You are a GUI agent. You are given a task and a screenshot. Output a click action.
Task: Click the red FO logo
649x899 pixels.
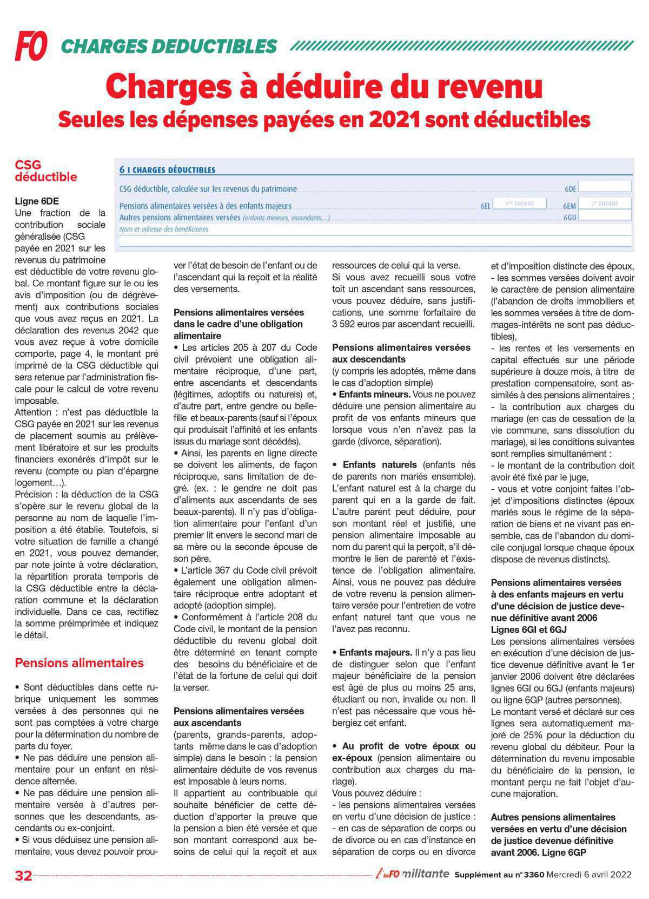(x=31, y=45)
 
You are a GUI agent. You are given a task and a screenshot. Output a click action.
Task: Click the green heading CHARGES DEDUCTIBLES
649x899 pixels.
(x=169, y=47)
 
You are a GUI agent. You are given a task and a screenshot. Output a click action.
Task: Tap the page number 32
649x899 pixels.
(x=24, y=875)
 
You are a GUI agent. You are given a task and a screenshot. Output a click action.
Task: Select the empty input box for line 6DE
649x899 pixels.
(x=605, y=186)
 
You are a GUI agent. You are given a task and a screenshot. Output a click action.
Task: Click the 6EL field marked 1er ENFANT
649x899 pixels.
(x=519, y=204)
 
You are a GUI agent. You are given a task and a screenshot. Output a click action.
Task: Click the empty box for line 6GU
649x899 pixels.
(x=605, y=215)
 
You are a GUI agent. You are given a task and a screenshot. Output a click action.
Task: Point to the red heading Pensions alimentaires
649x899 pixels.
(x=79, y=663)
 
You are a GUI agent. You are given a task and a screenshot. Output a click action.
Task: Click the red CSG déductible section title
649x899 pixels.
(x=45, y=170)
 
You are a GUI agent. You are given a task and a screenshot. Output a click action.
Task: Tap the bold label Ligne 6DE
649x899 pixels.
(x=37, y=201)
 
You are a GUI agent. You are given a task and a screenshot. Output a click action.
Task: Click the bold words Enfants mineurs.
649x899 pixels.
(x=374, y=395)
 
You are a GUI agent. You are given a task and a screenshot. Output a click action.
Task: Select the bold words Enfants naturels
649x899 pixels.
(x=380, y=464)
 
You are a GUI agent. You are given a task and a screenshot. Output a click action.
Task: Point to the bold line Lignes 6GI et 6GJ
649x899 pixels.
(x=528, y=629)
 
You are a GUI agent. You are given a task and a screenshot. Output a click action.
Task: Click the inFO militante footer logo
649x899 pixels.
(x=412, y=874)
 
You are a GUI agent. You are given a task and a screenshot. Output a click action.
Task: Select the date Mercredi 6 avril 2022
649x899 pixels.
(x=589, y=875)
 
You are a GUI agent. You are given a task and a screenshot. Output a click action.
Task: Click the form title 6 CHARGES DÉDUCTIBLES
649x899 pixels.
(x=167, y=170)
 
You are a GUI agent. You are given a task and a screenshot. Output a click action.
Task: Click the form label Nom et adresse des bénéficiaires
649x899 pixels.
(x=164, y=229)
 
